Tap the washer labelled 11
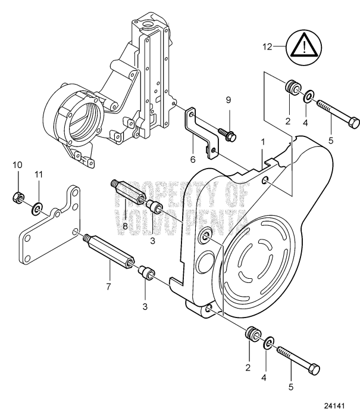[38, 208]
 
